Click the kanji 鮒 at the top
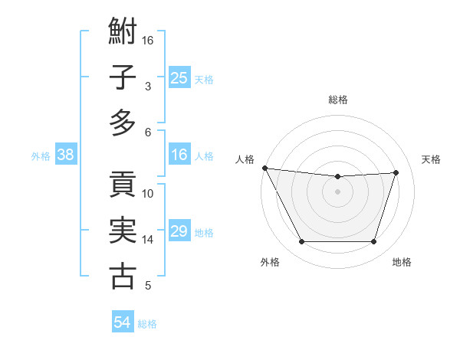pyautogui.click(x=123, y=32)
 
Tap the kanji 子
pyautogui.click(x=123, y=78)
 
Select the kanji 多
pyautogui.click(x=123, y=123)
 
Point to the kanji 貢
pyautogui.click(x=123, y=185)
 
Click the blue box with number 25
pyautogui.click(x=179, y=78)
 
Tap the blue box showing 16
pyautogui.click(x=179, y=155)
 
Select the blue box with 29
pyautogui.click(x=179, y=232)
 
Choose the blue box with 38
pyautogui.click(x=65, y=155)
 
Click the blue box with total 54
pyautogui.click(x=123, y=323)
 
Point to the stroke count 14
pyautogui.click(x=148, y=240)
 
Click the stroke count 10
pyautogui.click(x=148, y=194)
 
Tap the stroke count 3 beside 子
pyautogui.click(x=147, y=87)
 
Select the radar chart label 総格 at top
pyautogui.click(x=338, y=100)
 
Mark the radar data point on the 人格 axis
pyautogui.click(x=264, y=168)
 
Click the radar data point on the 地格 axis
pyautogui.click(x=374, y=242)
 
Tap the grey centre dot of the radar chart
pyautogui.click(x=338, y=191)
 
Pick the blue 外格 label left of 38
pyautogui.click(x=41, y=156)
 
